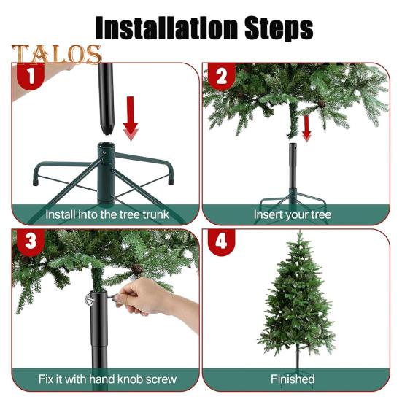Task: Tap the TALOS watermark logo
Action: coord(55,55)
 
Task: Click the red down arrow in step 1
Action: coord(131,117)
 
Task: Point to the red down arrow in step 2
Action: coord(306,127)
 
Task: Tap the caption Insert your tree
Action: coord(292,214)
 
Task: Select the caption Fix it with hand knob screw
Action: coord(107,380)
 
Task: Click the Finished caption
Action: coord(293,380)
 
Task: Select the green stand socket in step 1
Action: coord(107,171)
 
